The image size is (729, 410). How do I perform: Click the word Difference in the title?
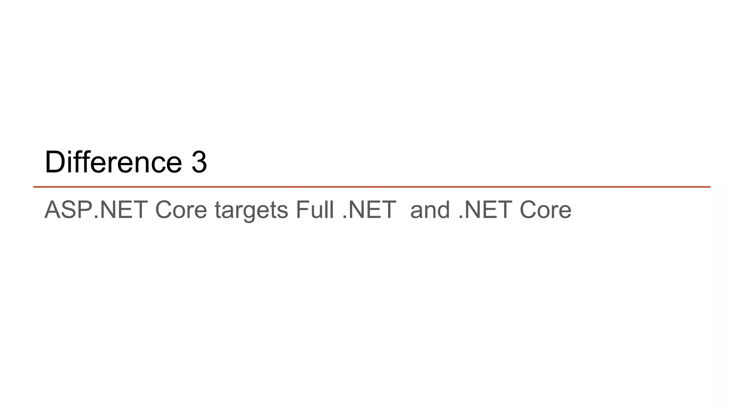(113, 162)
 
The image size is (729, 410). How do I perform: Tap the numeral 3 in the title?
(199, 162)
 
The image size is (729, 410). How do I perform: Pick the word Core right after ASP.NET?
(181, 210)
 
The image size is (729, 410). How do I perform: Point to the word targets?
(251, 210)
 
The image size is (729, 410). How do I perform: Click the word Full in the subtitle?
(315, 210)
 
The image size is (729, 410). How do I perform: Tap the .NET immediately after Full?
(369, 210)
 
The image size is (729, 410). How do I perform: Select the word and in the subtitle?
(430, 210)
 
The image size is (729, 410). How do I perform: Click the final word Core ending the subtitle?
(545, 210)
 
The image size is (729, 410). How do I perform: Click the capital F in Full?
(301, 210)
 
